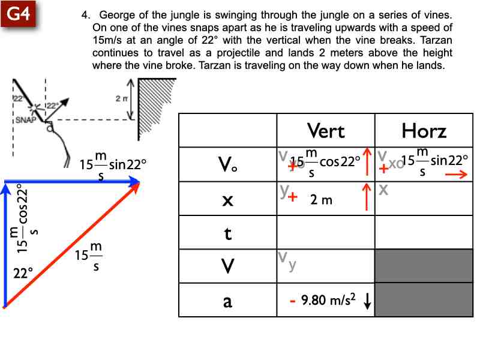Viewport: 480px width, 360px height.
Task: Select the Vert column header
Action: coord(325,130)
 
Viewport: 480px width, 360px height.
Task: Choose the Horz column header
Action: coord(424,130)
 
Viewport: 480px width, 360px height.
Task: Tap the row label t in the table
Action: coord(227,233)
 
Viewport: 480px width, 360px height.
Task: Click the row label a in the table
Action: coord(227,301)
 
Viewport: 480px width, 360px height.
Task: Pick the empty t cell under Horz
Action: coord(424,233)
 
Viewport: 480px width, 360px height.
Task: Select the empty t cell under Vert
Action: coord(325,233)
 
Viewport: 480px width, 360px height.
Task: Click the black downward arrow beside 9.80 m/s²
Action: coord(367,302)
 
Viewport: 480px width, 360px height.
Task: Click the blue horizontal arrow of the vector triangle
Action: coord(72,181)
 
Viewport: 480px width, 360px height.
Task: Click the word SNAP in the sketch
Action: coord(25,120)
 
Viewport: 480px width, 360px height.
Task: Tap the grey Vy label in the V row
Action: coord(286,262)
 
